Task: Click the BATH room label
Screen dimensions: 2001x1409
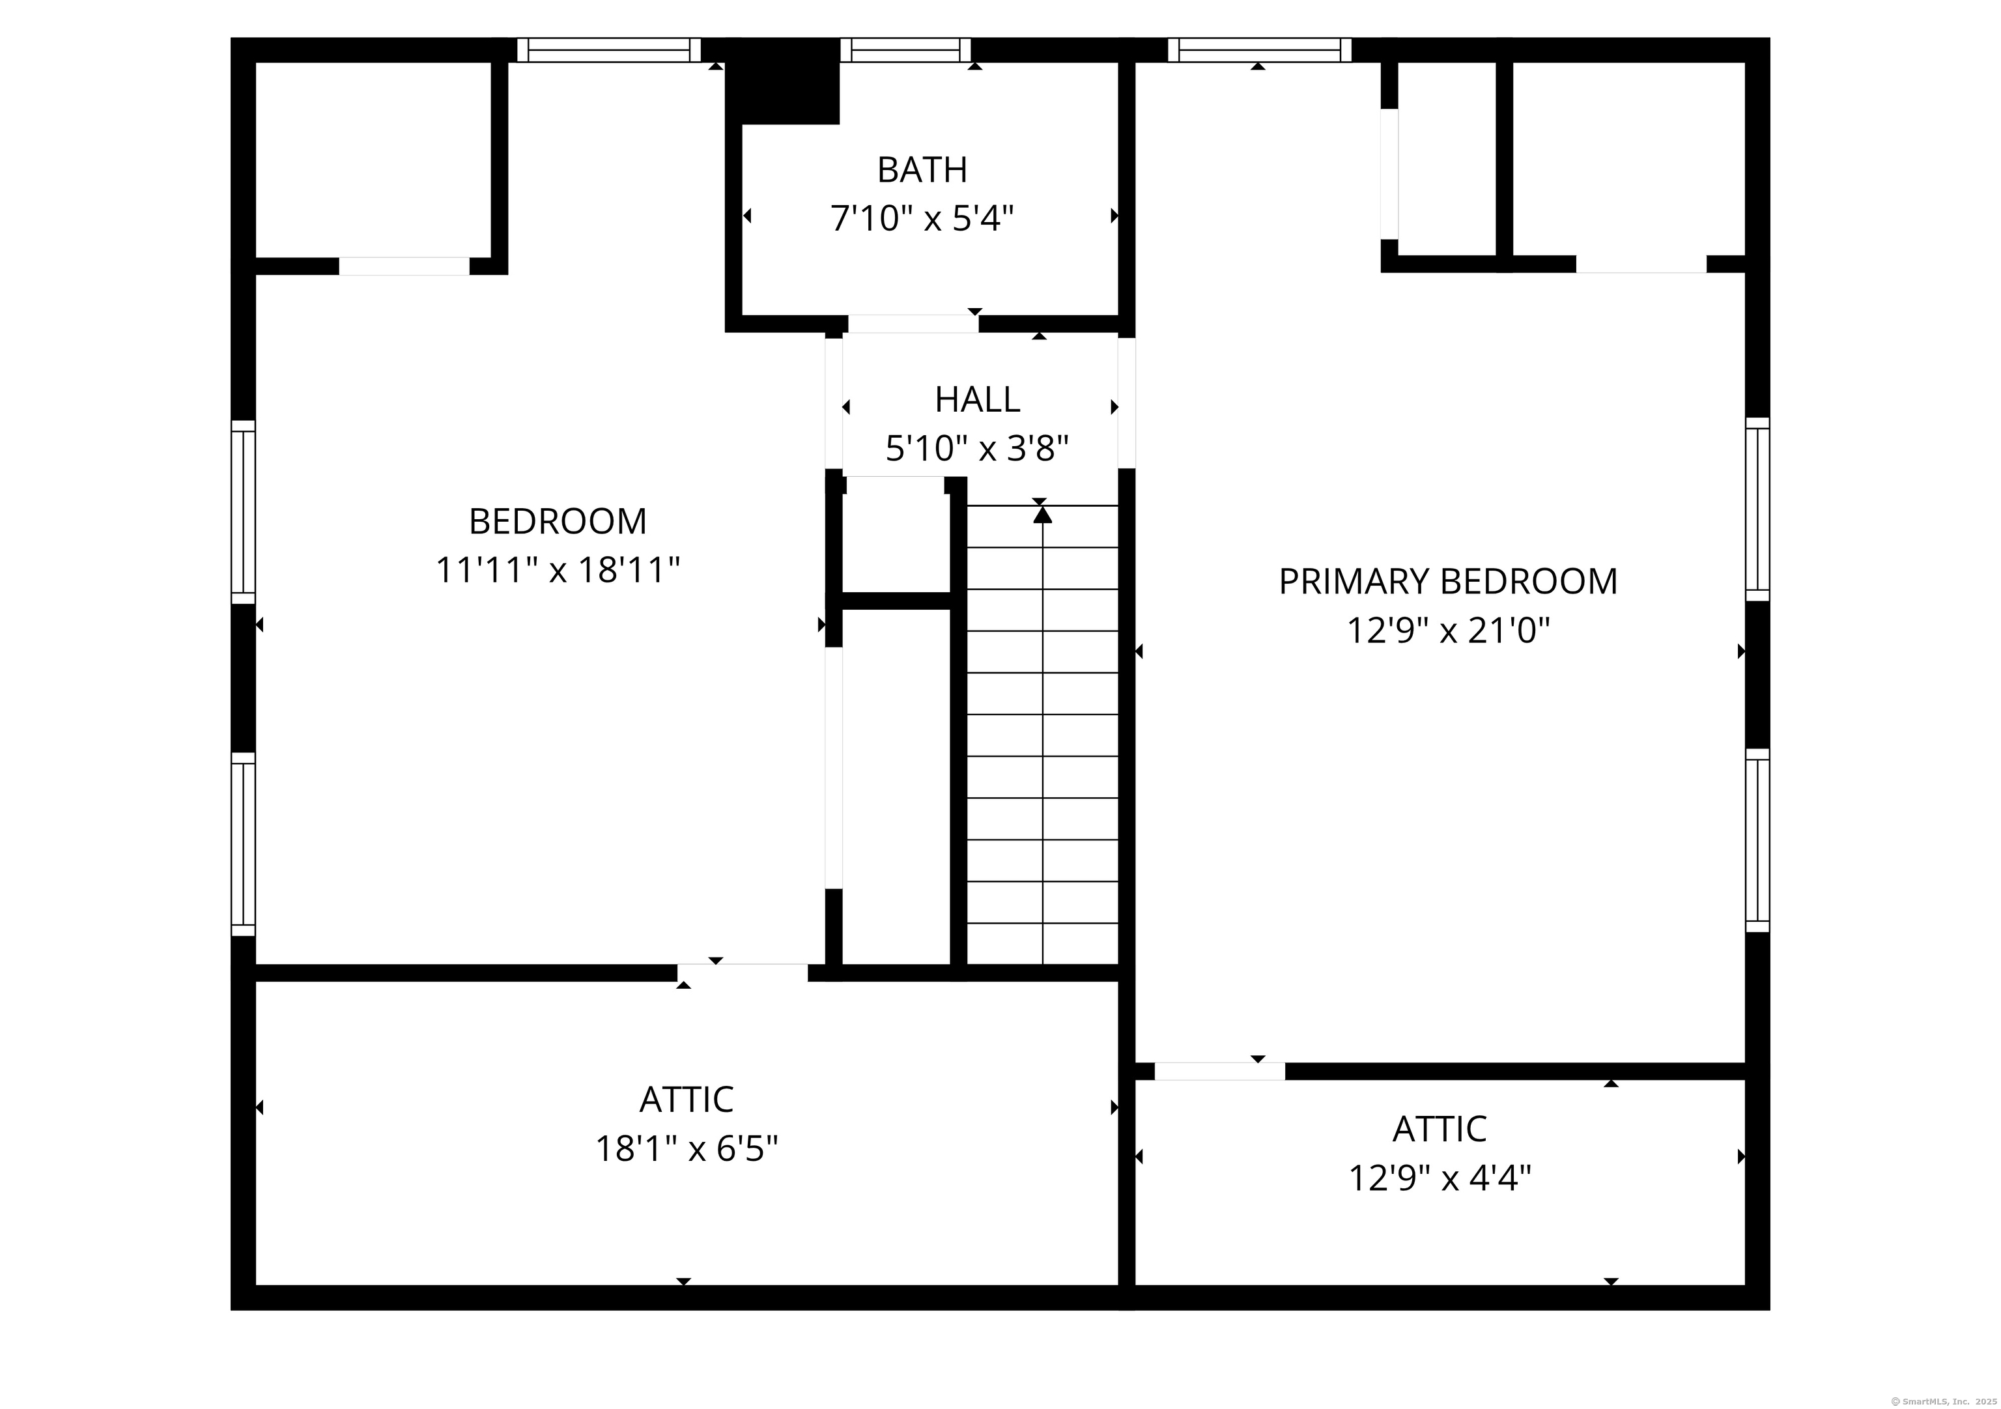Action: (x=922, y=170)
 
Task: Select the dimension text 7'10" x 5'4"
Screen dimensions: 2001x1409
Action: (x=922, y=218)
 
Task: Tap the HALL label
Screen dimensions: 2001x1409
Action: (x=977, y=400)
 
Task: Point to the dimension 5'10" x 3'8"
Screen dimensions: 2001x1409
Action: (x=977, y=449)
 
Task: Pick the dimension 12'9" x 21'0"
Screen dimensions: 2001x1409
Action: (x=1449, y=630)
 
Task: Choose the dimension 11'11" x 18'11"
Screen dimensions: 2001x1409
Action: (x=558, y=571)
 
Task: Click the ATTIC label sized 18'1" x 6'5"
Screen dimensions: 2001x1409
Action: (x=687, y=1100)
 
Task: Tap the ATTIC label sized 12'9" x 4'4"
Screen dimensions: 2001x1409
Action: (x=1440, y=1130)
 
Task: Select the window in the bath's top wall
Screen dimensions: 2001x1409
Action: (x=905, y=50)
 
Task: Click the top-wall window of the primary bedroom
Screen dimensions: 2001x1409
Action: (x=1259, y=50)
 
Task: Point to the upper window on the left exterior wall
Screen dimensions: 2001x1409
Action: (x=243, y=511)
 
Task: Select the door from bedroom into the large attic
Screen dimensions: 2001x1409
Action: (x=743, y=973)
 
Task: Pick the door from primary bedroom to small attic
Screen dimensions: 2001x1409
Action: (x=1219, y=1072)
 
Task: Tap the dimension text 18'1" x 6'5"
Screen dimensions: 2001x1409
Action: (x=687, y=1148)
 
